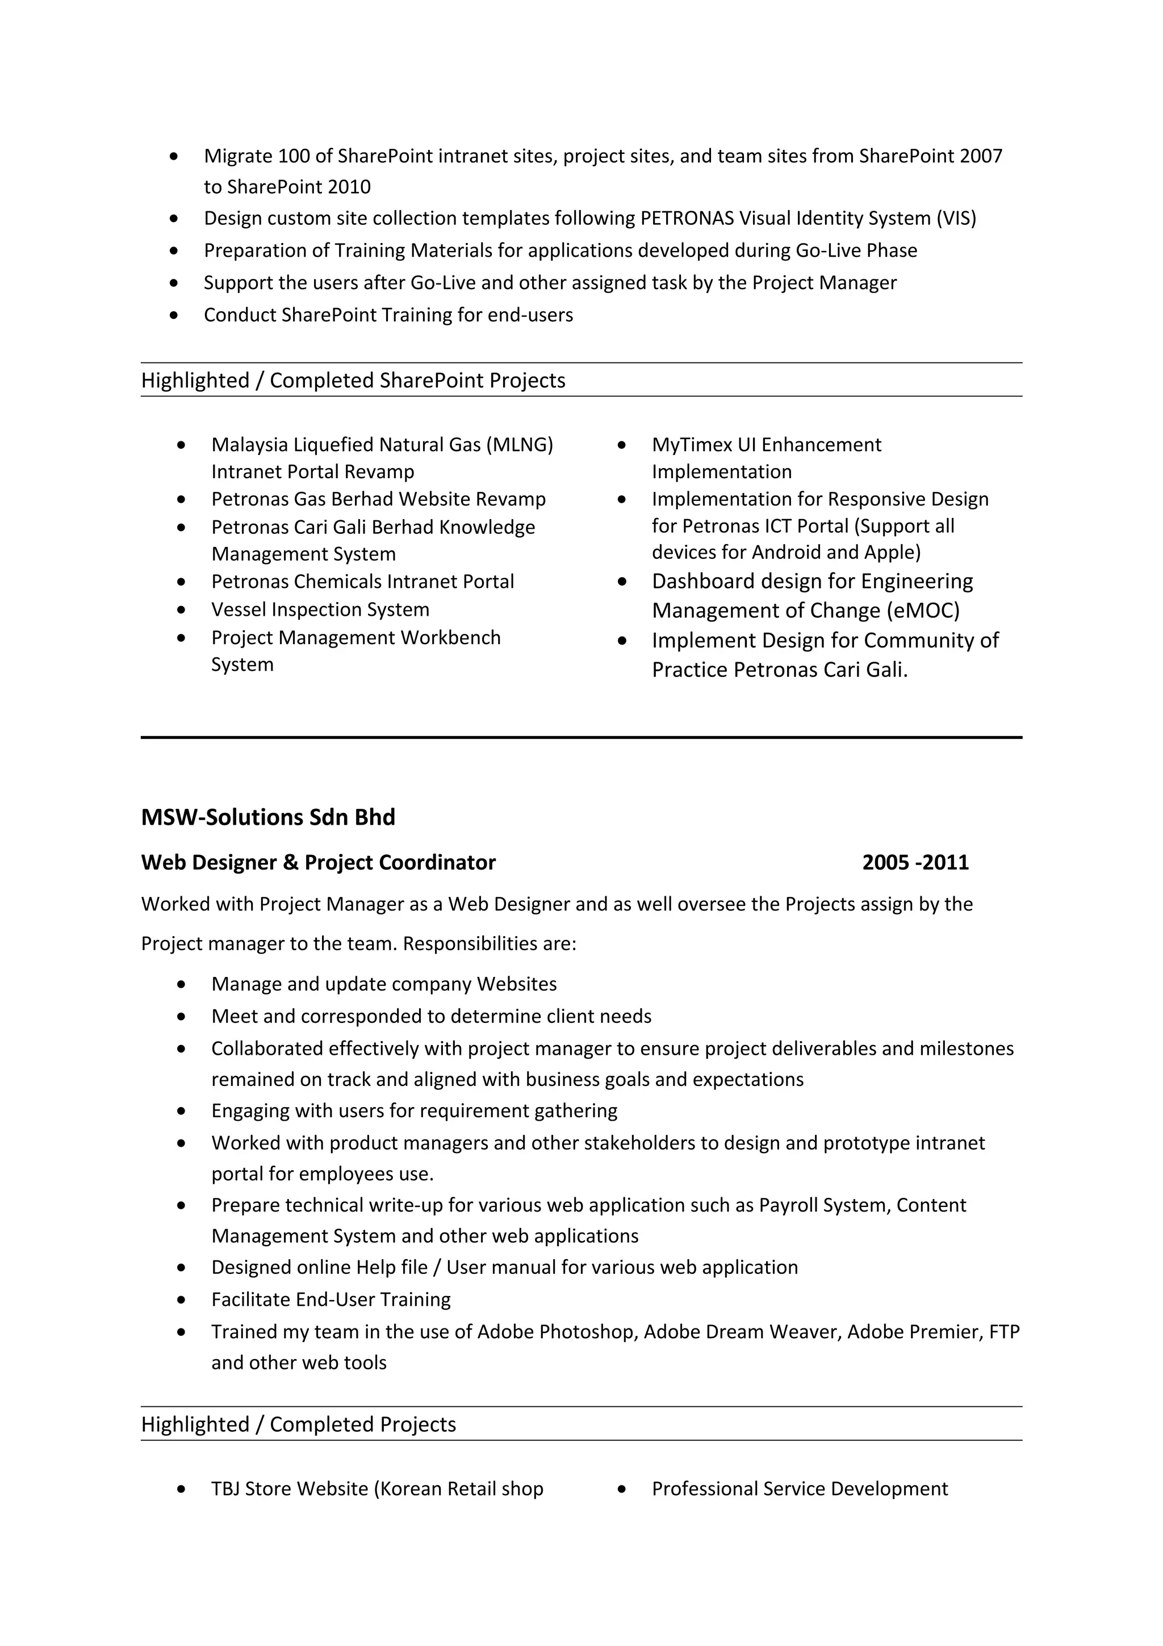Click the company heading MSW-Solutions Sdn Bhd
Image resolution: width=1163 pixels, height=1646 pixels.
[x=268, y=817]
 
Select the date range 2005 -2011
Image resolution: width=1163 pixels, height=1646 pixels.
[x=915, y=862]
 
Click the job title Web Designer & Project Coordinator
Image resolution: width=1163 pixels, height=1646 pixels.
[x=318, y=862]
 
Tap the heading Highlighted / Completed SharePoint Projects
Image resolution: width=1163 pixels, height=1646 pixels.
[x=353, y=380]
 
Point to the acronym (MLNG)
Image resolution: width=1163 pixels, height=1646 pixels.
[x=520, y=445]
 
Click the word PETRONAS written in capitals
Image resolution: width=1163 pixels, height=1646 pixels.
[x=687, y=218]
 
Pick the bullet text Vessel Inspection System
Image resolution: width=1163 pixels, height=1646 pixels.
[x=320, y=609]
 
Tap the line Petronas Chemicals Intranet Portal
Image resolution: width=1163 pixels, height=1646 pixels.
[x=363, y=582]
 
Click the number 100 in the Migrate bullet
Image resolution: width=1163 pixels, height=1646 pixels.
[x=293, y=156]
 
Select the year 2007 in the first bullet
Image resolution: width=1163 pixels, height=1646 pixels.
[x=980, y=156]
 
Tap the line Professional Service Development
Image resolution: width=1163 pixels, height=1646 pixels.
[x=800, y=1489]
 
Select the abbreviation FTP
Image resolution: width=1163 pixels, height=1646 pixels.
[x=1004, y=1332]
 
